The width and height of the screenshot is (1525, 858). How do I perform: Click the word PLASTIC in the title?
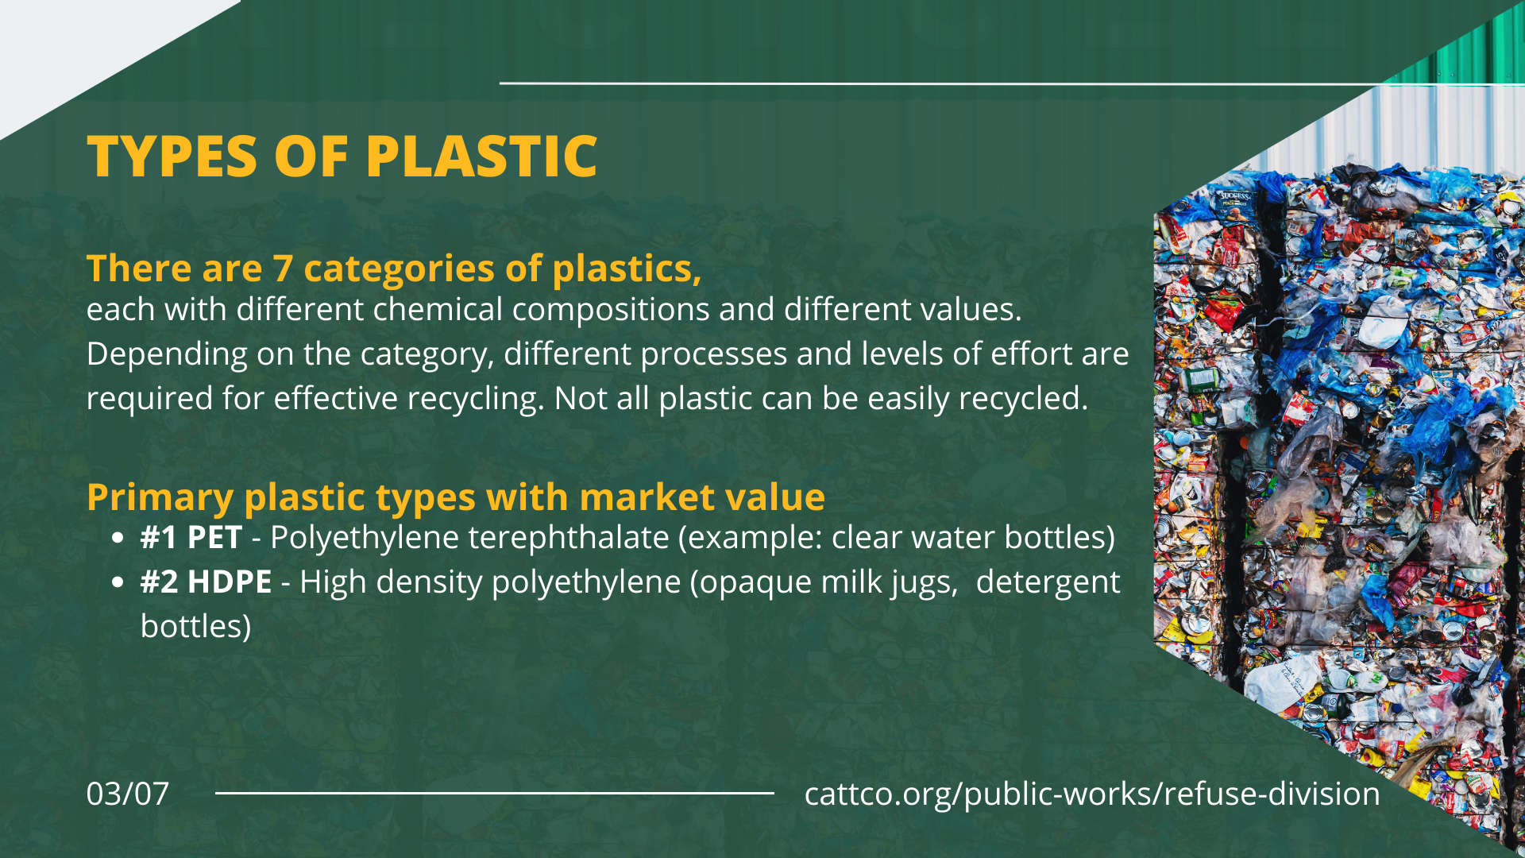point(481,156)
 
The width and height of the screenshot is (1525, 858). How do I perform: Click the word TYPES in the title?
point(172,156)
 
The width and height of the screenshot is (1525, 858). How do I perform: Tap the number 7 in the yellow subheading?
point(283,269)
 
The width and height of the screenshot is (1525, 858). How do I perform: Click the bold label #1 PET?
point(191,538)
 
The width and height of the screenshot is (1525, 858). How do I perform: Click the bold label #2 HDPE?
point(207,582)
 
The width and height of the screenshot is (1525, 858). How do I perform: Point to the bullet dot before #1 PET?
point(118,539)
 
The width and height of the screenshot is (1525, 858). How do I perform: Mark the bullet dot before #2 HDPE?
point(118,583)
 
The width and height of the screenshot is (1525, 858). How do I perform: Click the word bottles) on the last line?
point(196,627)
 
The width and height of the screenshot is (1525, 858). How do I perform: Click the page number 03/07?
point(128,794)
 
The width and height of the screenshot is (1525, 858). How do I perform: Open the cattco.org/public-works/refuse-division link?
point(1092,794)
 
